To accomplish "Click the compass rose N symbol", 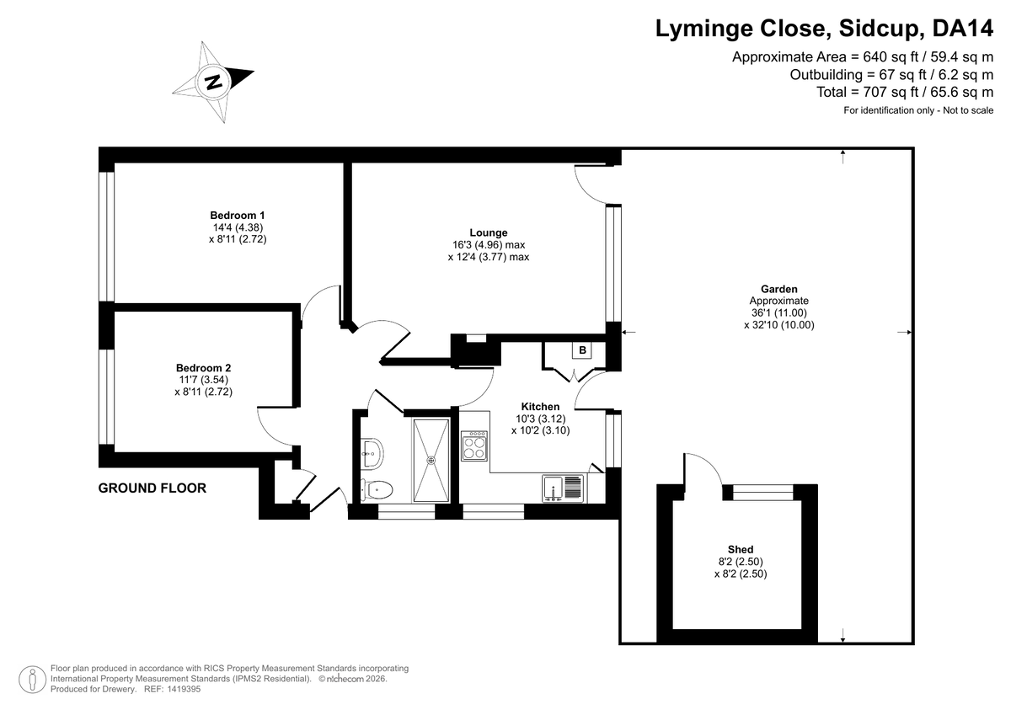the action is coord(213,82).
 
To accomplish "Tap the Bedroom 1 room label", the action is coord(238,216).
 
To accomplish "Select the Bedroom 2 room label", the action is coord(203,368).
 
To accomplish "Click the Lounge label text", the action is coord(489,232).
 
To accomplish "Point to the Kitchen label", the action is coord(540,407).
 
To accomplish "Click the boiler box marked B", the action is coord(582,350).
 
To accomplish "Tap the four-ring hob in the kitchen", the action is coord(473,446).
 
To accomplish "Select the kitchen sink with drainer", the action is coord(563,488).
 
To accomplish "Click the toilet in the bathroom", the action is coord(376,489).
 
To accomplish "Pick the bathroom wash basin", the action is coord(372,452).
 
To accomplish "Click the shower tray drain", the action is coord(431,460).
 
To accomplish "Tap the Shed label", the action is coord(741,549).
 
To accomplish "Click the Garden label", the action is coord(779,289).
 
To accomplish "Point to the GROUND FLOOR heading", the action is coord(152,488).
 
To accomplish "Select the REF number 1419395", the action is coord(184,689).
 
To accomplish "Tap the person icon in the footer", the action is coord(33,680).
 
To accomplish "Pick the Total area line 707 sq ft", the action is coord(905,92).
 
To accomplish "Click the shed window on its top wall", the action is coord(762,492).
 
